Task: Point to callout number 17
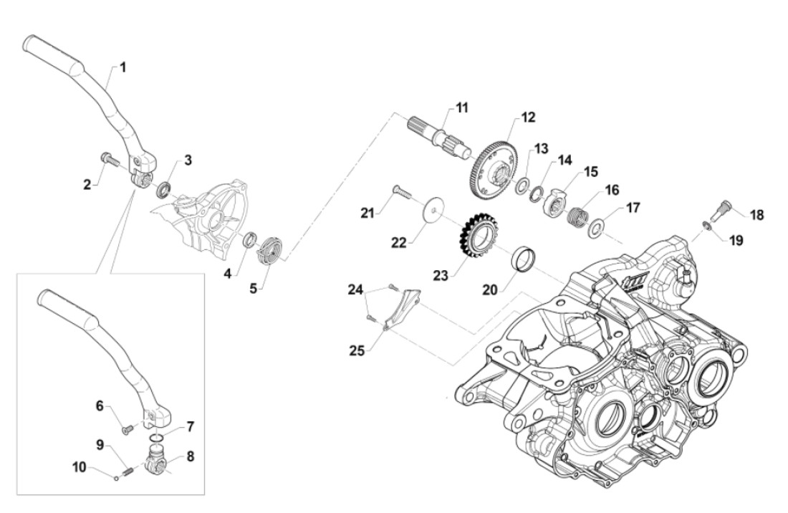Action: (633, 208)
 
